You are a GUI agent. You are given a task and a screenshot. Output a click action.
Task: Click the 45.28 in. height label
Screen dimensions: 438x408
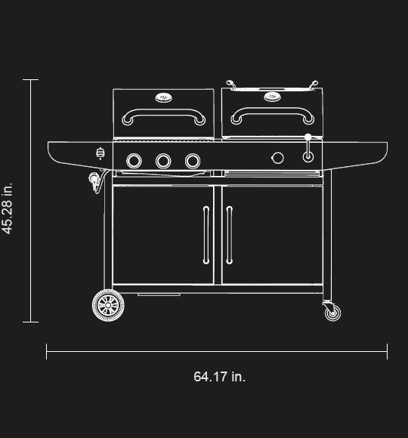pos(8,208)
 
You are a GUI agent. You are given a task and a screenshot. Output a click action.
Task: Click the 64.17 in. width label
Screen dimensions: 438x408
pos(219,376)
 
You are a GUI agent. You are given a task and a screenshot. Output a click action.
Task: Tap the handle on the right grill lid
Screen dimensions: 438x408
pos(272,116)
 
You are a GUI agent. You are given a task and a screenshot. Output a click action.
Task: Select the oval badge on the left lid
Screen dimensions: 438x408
pos(164,97)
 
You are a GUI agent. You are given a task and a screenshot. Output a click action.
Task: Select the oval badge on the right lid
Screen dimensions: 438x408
pos(272,96)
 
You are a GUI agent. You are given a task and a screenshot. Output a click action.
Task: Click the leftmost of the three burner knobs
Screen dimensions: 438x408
pos(134,160)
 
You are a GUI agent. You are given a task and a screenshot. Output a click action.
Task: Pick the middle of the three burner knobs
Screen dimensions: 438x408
pos(163,160)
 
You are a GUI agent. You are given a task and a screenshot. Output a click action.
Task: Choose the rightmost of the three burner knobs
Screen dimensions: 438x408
pos(193,160)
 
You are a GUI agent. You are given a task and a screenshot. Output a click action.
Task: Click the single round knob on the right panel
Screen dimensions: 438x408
pos(277,157)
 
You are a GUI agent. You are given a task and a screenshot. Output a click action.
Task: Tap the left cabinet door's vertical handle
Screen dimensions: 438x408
pos(206,235)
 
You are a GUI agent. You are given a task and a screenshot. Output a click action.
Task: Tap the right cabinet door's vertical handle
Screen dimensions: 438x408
pos(230,235)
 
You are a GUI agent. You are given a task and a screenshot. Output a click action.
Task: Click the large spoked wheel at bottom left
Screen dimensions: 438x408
pos(107,305)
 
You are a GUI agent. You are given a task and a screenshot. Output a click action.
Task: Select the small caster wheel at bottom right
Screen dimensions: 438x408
pos(332,311)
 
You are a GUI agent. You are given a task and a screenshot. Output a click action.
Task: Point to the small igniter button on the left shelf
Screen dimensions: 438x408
pos(100,154)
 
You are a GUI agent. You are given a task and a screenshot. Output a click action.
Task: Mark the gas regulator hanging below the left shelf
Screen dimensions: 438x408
pos(94,181)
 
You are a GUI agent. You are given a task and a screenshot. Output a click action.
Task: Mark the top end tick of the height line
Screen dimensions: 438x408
pos(30,79)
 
